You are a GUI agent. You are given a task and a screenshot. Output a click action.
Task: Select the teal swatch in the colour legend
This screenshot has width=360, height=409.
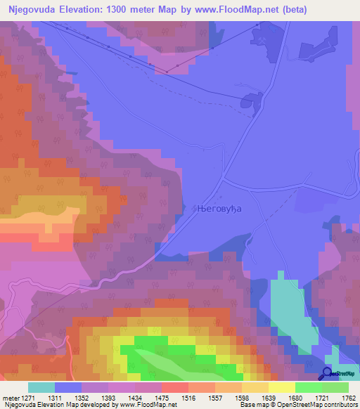[x=41, y=387]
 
